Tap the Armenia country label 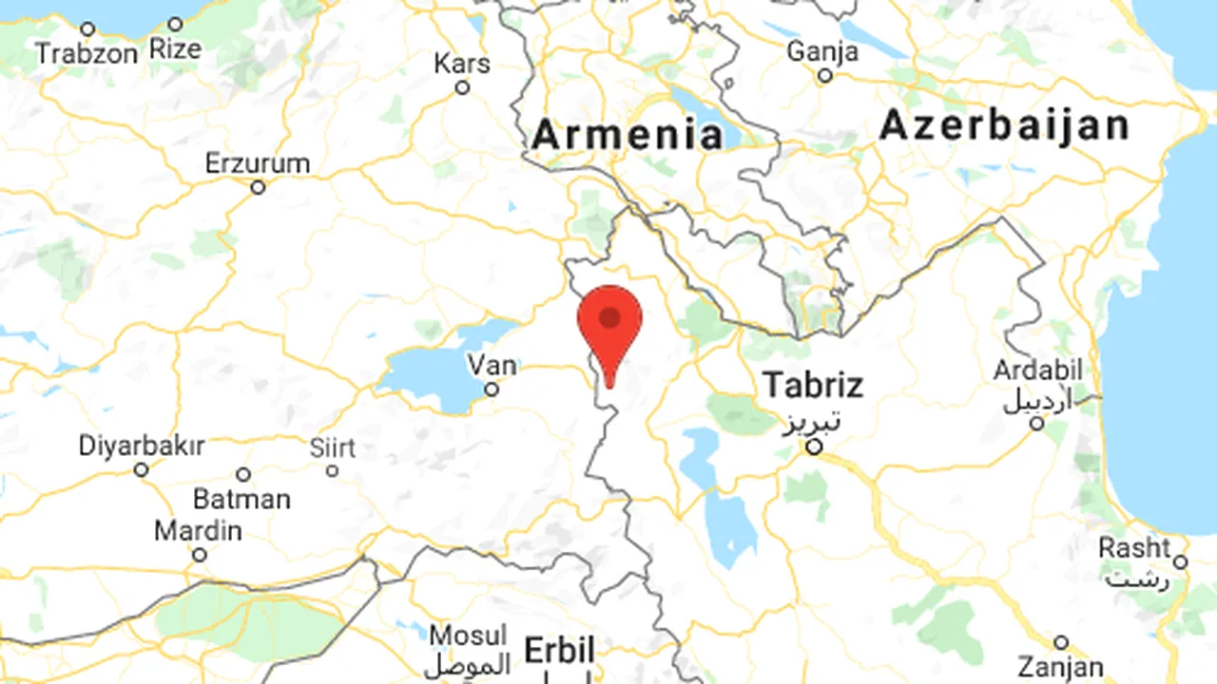click(628, 134)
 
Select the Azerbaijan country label click(1005, 125)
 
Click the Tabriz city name click(813, 385)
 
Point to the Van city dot click(492, 389)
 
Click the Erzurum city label click(258, 163)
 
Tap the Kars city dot click(463, 87)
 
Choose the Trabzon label click(87, 54)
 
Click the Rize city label click(175, 49)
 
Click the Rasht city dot click(1180, 562)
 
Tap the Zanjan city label click(1060, 666)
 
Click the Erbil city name click(560, 652)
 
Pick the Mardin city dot click(199, 555)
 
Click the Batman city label click(241, 498)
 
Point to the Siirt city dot click(332, 470)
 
